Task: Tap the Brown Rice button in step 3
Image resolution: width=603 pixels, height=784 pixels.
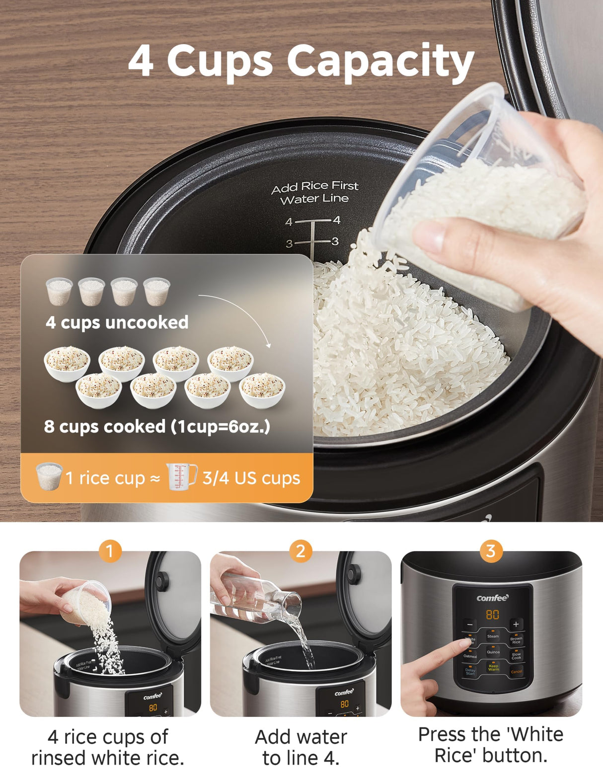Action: coord(516,640)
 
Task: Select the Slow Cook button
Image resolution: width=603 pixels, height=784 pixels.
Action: coord(516,656)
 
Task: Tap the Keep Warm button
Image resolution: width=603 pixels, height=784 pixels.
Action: coord(493,668)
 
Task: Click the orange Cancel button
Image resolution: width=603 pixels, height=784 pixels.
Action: coord(517,672)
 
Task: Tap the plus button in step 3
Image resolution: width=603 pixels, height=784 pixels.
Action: coord(516,624)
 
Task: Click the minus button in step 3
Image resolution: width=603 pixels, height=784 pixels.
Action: coord(469,624)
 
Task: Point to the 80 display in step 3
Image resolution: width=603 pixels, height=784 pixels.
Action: coord(492,615)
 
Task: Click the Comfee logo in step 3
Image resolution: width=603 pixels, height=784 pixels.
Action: coord(492,598)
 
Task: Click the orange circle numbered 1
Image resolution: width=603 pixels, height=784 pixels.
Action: coord(110,551)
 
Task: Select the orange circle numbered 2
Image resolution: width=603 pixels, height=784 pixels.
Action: coord(301,551)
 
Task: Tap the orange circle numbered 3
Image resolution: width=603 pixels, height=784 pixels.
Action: coord(491,551)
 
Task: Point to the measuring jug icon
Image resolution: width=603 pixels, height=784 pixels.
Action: coord(181,477)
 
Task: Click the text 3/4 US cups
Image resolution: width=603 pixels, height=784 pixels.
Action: coord(251,478)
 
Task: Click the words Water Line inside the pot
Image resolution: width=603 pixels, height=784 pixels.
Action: coord(314,199)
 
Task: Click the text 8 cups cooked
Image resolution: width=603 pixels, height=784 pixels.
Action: coord(105,426)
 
